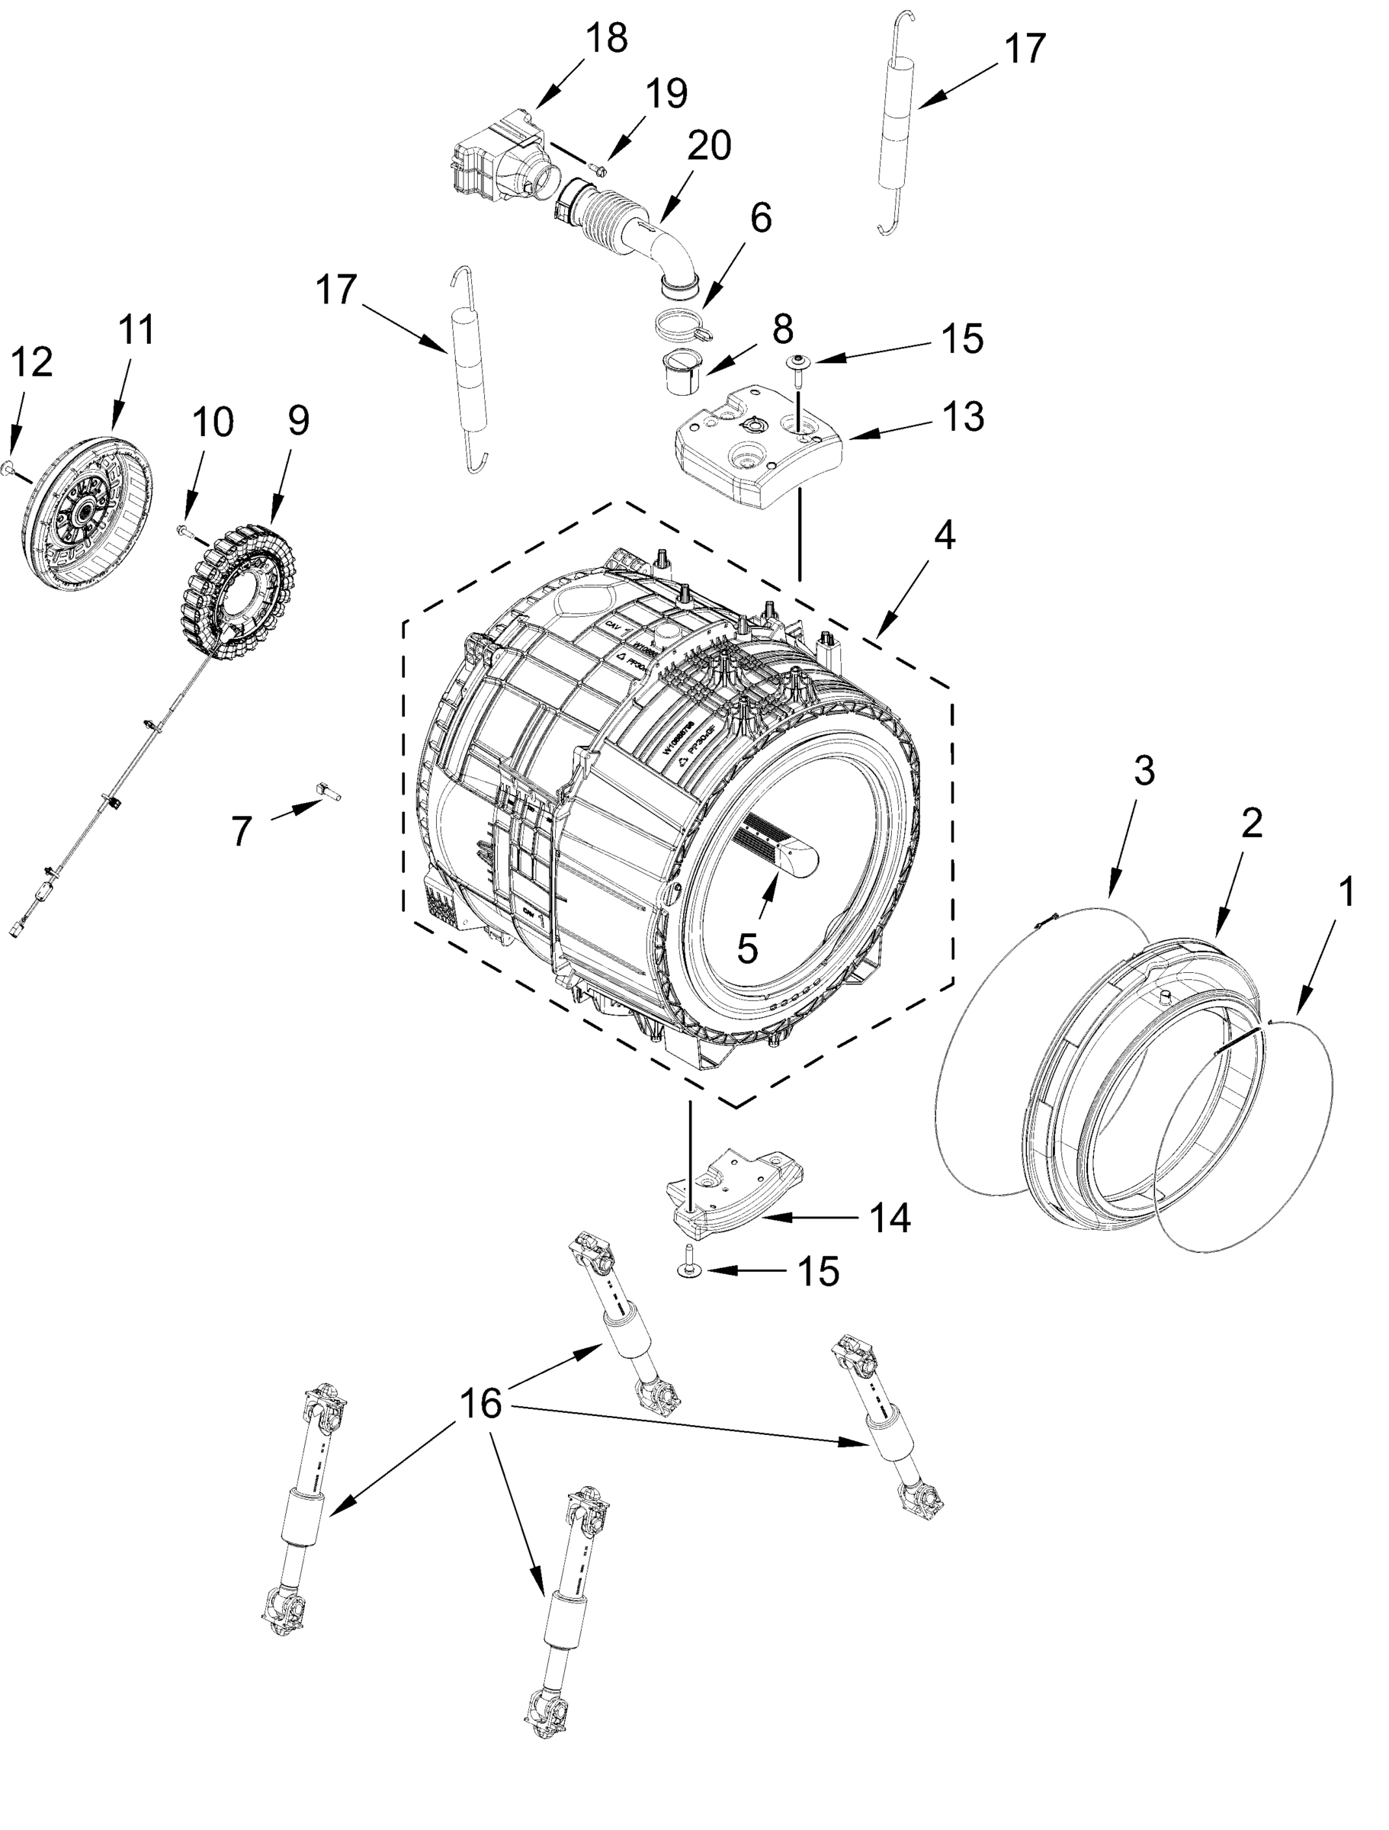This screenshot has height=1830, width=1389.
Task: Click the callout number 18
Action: (606, 38)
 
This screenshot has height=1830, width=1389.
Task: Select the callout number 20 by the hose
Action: (709, 146)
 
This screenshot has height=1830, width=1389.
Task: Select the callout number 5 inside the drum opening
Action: (746, 949)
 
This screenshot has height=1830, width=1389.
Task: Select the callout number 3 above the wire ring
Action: (1143, 771)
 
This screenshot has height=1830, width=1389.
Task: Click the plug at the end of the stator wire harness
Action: (18, 931)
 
